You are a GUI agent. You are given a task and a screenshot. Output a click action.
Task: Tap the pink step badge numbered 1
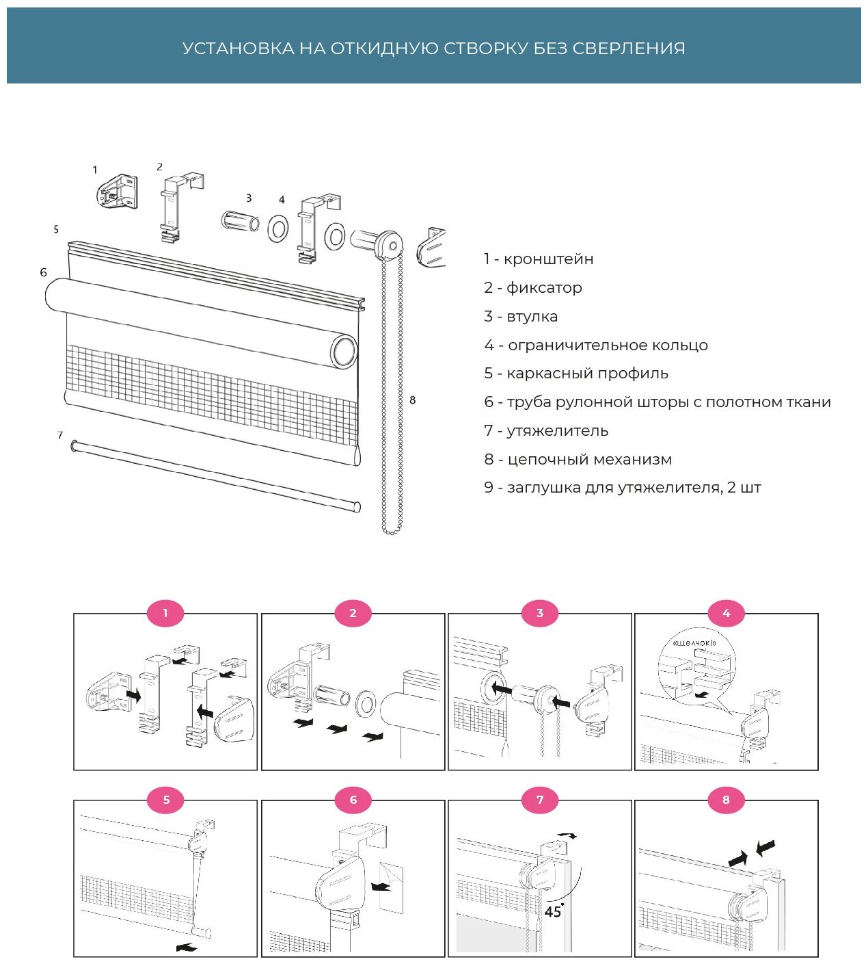pos(165,613)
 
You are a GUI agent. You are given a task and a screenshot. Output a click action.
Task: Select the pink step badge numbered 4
pos(726,613)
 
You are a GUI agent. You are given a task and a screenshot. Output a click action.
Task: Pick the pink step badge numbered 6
pos(353,799)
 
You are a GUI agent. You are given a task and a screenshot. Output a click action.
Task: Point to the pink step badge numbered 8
pos(726,799)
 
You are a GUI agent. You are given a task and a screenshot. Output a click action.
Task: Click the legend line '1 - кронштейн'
pos(539,259)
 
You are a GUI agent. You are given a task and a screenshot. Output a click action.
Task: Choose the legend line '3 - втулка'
pos(521,317)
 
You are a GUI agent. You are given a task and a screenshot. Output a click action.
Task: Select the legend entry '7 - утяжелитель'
pos(546,431)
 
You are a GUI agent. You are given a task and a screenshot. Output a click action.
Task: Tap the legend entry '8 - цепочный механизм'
pos(578,460)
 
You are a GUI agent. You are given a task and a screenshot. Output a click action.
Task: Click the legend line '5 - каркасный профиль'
pos(576,374)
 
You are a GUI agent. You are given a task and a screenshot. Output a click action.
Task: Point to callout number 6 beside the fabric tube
pos(44,273)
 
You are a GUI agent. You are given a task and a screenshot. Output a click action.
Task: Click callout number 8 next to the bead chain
pos(412,400)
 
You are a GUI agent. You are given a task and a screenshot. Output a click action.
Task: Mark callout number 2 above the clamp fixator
pos(160,167)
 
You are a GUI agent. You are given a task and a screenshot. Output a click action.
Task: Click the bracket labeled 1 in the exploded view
pos(118,191)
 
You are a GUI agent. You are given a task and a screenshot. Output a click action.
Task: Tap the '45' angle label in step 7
pos(553,912)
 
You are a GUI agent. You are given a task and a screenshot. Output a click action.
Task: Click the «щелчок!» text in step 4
pos(694,643)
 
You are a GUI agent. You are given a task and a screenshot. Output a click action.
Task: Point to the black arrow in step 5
pos(186,948)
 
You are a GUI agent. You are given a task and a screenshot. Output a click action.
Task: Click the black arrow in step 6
pos(381,887)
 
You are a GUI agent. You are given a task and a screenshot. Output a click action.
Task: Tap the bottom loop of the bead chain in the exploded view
pos(391,530)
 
